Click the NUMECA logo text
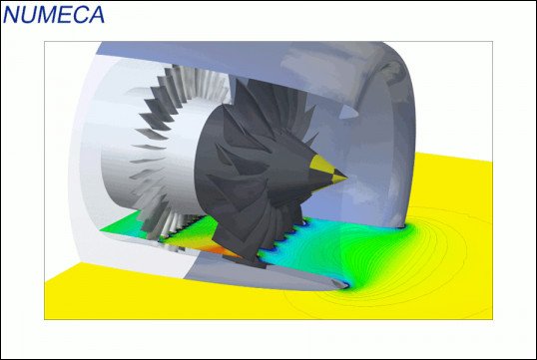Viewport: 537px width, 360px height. [54, 14]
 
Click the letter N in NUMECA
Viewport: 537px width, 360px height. [12, 14]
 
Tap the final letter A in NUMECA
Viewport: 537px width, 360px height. [96, 14]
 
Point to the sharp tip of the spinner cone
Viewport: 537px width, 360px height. [347, 178]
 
